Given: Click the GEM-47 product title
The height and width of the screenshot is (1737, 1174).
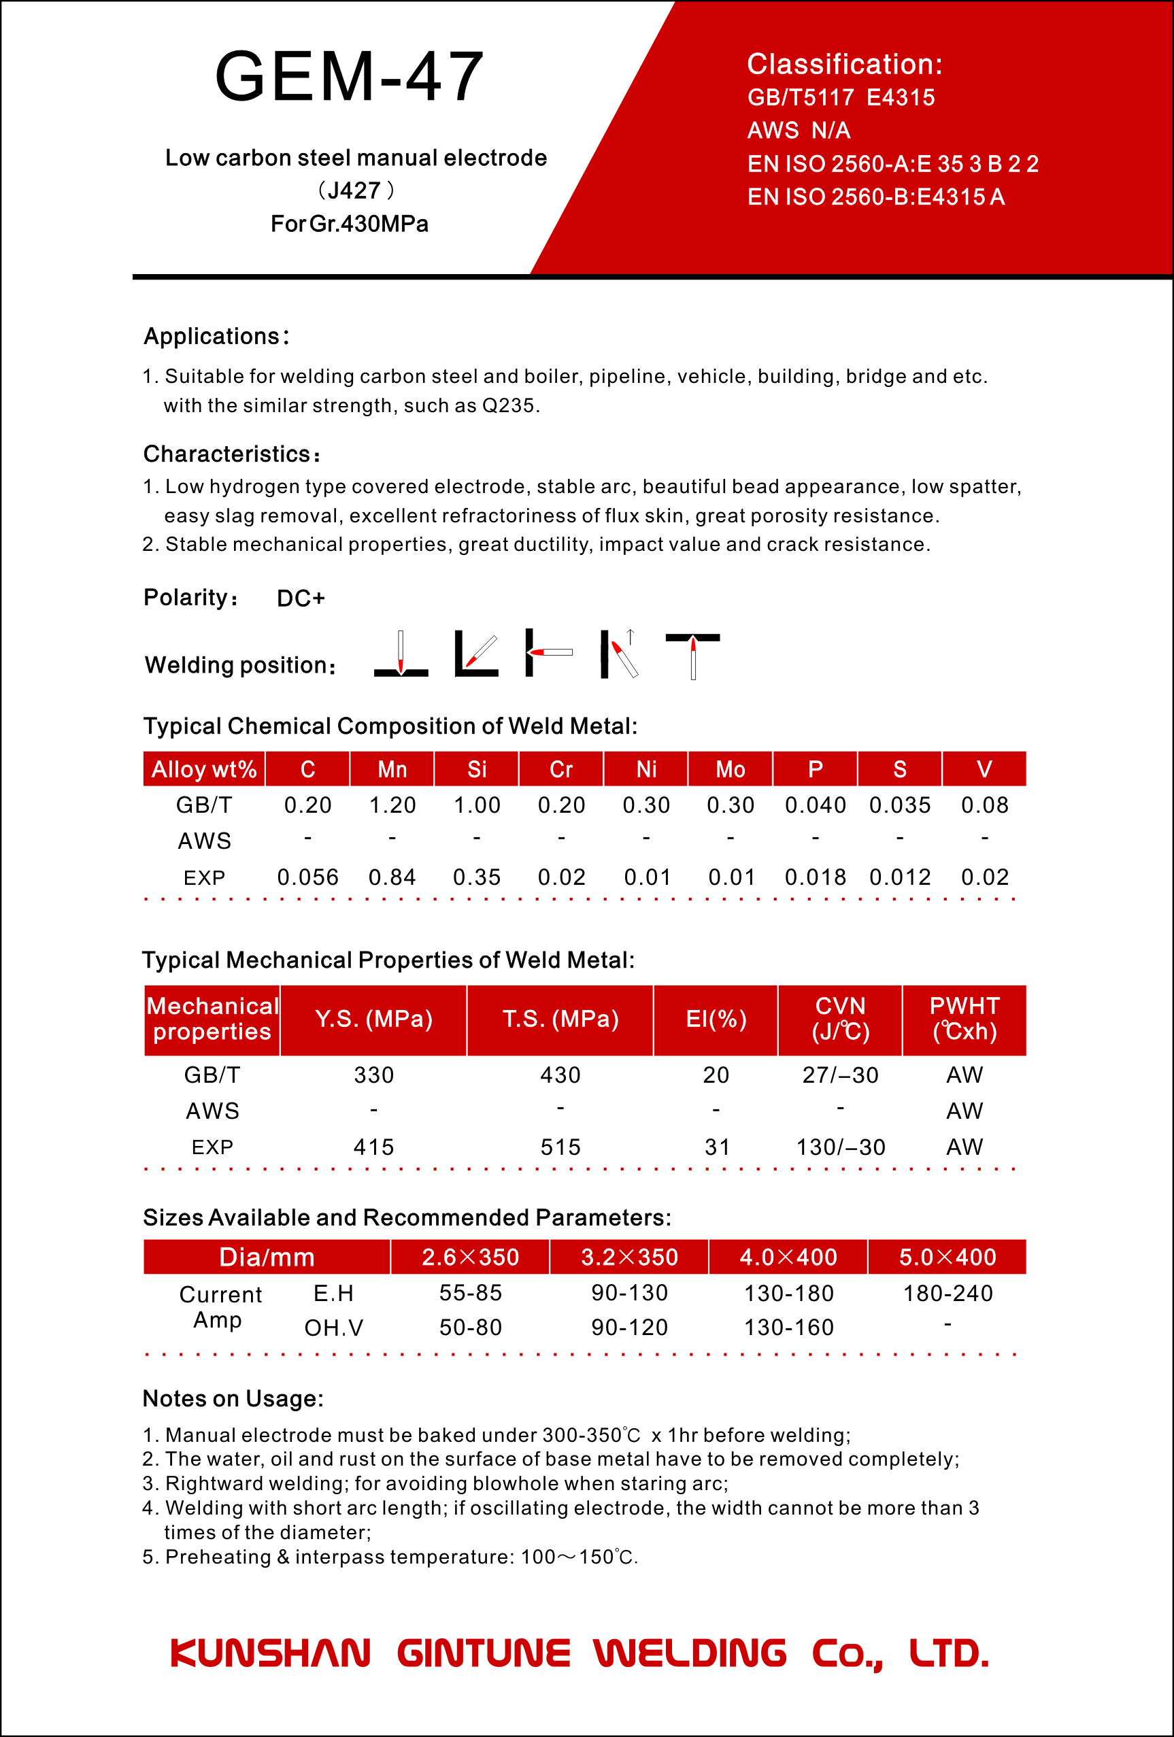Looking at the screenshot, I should (x=349, y=76).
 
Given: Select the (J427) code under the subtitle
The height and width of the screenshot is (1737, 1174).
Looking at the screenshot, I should (x=355, y=190).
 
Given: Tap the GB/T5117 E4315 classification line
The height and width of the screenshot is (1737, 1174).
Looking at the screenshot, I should (x=841, y=98).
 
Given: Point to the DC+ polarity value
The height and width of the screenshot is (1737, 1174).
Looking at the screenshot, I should (x=301, y=598).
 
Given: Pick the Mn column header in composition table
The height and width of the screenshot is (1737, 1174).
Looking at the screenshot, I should (x=392, y=769).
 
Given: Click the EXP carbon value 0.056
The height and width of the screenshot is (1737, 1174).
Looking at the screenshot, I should (x=307, y=877).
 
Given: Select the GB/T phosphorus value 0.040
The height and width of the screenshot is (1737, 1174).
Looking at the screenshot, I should (x=815, y=805).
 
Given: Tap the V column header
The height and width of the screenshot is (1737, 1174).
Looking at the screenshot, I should (x=984, y=769).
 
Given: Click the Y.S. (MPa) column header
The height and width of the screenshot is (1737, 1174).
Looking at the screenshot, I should (x=373, y=1019).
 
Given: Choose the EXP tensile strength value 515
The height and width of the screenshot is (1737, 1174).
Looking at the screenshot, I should (x=560, y=1147).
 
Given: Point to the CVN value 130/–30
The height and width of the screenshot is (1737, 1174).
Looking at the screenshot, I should (x=841, y=1147).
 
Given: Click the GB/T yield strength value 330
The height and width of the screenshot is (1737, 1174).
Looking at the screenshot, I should (x=373, y=1075).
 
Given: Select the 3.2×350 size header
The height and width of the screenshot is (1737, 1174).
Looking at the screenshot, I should (x=629, y=1257).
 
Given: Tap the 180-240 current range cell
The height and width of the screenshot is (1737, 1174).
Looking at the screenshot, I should (x=947, y=1293).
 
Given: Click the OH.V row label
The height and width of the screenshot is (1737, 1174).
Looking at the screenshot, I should (x=333, y=1328).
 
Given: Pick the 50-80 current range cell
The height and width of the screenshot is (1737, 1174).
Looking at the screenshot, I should (x=470, y=1328).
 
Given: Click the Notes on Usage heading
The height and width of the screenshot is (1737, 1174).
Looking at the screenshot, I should (x=233, y=1398).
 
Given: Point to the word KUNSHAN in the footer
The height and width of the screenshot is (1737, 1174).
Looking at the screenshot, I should (x=271, y=1653).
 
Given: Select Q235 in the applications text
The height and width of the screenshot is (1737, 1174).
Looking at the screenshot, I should (x=508, y=406).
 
